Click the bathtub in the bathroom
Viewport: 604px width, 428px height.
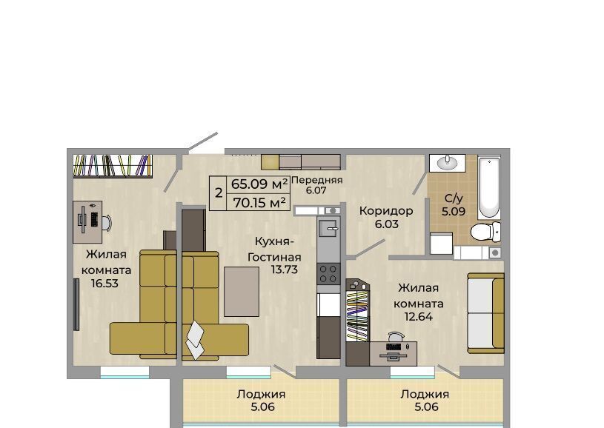click(489, 187)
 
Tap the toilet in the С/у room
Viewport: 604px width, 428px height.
click(485, 232)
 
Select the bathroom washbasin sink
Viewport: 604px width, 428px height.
click(448, 163)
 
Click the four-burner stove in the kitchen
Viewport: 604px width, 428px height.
click(328, 274)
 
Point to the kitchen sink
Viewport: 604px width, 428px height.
click(328, 228)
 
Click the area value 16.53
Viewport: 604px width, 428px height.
click(104, 284)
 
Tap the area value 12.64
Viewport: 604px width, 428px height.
click(418, 317)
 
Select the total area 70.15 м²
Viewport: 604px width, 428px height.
click(259, 202)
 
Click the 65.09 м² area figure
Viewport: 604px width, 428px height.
click(259, 184)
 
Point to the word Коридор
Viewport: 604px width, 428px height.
click(386, 211)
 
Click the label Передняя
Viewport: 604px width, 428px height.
click(316, 180)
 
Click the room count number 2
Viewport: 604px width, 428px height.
click(219, 193)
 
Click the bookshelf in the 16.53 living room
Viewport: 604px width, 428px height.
click(113, 166)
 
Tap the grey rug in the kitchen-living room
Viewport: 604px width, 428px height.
click(242, 292)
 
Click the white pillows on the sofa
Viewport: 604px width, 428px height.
click(195, 340)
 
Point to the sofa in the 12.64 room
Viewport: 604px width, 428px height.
click(485, 313)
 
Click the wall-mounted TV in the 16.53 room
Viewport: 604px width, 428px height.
click(76, 304)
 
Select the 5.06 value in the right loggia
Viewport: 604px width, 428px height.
click(426, 407)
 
